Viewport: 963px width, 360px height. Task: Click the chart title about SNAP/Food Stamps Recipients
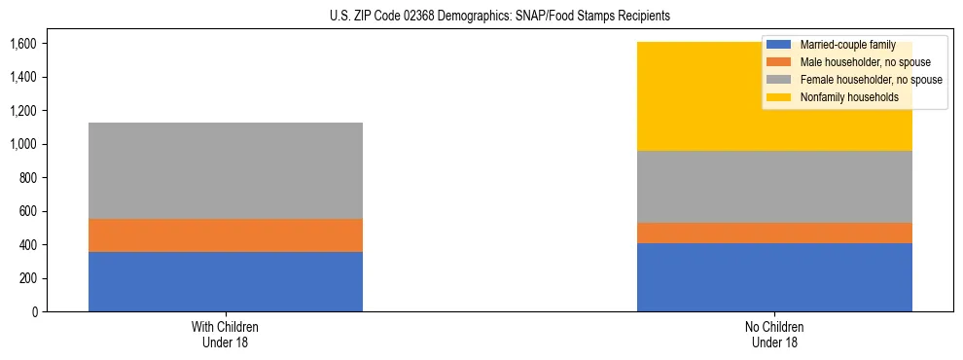[481, 17]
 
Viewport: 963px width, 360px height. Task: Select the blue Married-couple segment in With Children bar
[226, 281]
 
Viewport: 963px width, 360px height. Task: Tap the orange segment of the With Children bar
[226, 235]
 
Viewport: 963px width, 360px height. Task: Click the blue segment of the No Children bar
[774, 277]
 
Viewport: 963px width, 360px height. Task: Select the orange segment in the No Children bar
[774, 233]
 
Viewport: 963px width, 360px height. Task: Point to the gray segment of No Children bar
[774, 187]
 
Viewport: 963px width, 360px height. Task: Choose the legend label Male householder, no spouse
[865, 62]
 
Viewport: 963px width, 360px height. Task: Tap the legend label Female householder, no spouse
[871, 80]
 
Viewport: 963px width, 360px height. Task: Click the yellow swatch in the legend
[779, 97]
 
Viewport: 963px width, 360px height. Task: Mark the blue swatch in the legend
[779, 45]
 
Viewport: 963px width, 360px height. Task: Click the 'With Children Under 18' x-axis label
[226, 335]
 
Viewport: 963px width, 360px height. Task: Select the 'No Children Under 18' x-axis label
[774, 335]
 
